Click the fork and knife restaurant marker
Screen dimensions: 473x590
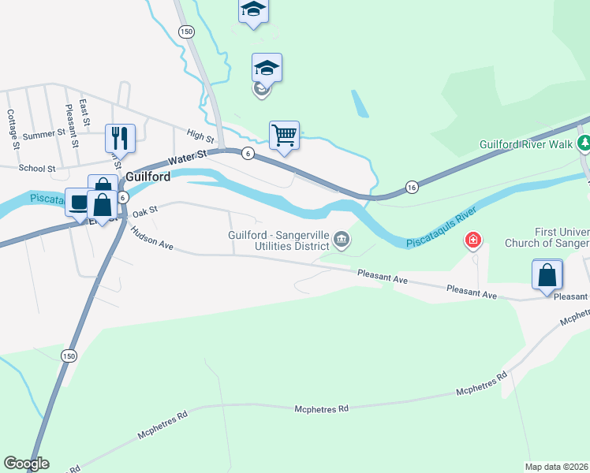(120, 138)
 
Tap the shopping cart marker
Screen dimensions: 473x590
(284, 135)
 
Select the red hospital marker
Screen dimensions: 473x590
(473, 240)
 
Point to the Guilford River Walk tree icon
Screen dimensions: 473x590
(584, 144)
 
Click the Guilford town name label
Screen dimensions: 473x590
(147, 177)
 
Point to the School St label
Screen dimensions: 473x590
(37, 168)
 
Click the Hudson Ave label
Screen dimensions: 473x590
(152, 239)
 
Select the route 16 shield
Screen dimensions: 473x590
(412, 186)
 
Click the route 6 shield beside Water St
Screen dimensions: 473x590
(248, 153)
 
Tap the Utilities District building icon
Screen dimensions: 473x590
(342, 240)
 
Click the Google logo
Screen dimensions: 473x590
(26, 464)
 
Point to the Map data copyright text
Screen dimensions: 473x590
(557, 467)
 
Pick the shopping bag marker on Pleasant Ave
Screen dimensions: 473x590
(547, 275)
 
